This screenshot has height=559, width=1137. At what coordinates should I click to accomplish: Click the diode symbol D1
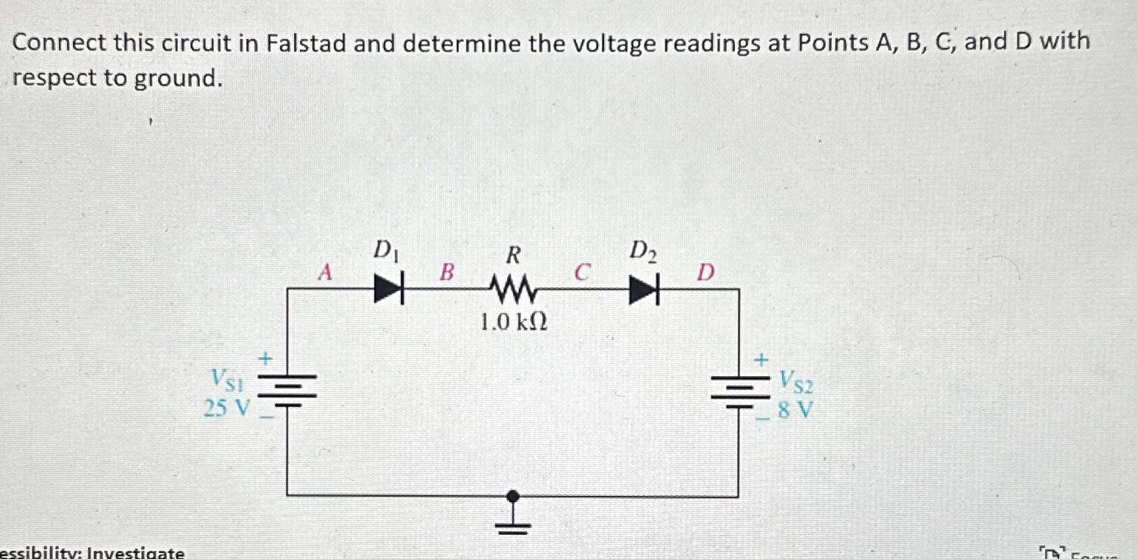[389, 289]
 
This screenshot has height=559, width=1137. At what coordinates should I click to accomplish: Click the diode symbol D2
[642, 289]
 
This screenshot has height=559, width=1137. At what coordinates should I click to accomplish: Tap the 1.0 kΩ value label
[514, 322]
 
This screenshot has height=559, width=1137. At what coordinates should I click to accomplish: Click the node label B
[447, 273]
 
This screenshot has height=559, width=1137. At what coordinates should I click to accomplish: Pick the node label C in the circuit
[581, 273]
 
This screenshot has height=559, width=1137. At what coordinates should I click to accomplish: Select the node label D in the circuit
[705, 273]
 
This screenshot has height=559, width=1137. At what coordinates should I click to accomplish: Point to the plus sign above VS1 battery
[266, 358]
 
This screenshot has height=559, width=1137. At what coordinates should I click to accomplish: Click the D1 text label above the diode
[383, 251]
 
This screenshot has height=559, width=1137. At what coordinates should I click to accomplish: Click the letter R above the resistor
[513, 254]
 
